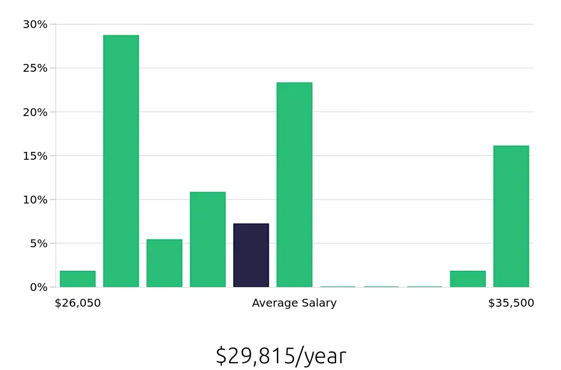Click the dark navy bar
(251, 256)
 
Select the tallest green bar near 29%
(121, 161)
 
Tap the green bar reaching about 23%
(294, 185)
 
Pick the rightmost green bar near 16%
(511, 216)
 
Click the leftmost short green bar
(77, 279)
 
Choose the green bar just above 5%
(164, 263)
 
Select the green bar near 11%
(208, 240)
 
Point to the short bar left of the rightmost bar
(467, 279)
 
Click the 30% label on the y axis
(35, 24)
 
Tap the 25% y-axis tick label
(35, 68)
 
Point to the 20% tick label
(35, 112)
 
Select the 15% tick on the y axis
(35, 155)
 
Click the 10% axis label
(35, 200)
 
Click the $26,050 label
(77, 303)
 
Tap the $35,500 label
(511, 303)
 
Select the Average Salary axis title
(294, 303)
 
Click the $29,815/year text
(280, 356)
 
